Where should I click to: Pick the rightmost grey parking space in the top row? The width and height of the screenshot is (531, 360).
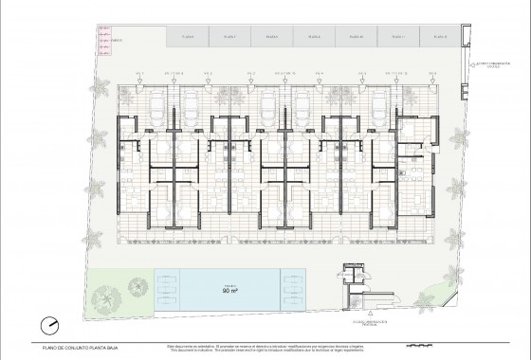(433, 37)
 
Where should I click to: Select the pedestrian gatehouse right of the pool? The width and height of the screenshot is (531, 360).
(357, 283)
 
